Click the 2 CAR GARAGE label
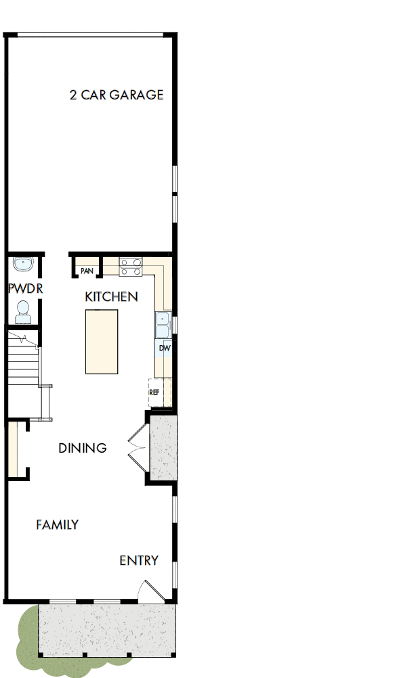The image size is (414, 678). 116,95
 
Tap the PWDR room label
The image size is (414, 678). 25,289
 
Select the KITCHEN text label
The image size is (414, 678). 111,296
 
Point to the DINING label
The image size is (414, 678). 82,448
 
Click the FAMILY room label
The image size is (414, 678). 57,524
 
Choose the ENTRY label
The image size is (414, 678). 139,560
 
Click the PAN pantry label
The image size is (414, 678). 87,271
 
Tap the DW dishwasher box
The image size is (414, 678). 163,348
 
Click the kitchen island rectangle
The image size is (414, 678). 101,341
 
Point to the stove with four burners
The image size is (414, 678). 131,267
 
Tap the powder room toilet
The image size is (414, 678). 23,311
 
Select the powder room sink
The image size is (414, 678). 23,264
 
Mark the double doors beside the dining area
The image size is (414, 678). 137,447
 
